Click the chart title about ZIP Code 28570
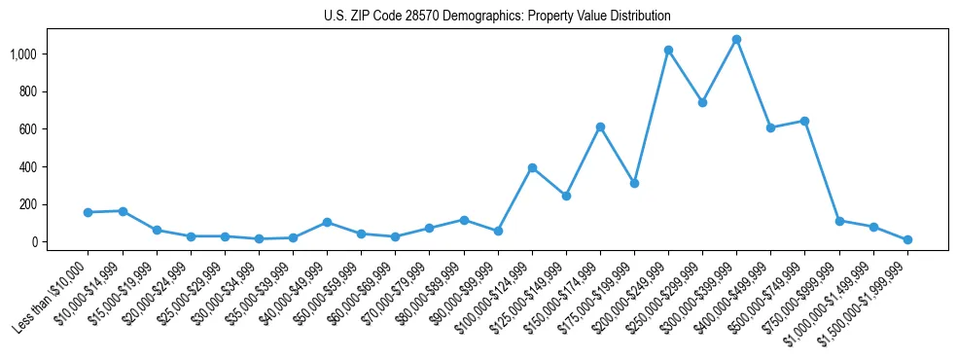tap(497, 17)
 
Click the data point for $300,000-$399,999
tap(736, 40)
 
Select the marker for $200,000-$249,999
tap(668, 50)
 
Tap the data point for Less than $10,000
tap(89, 212)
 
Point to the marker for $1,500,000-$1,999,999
tap(907, 239)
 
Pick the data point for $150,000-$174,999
tap(600, 126)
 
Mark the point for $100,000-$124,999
tap(532, 167)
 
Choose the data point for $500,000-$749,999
tap(804, 121)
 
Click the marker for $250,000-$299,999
tap(702, 102)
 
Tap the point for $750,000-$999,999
tap(838, 221)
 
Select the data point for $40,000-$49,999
tap(327, 222)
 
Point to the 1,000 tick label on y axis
tap(49, 54)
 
